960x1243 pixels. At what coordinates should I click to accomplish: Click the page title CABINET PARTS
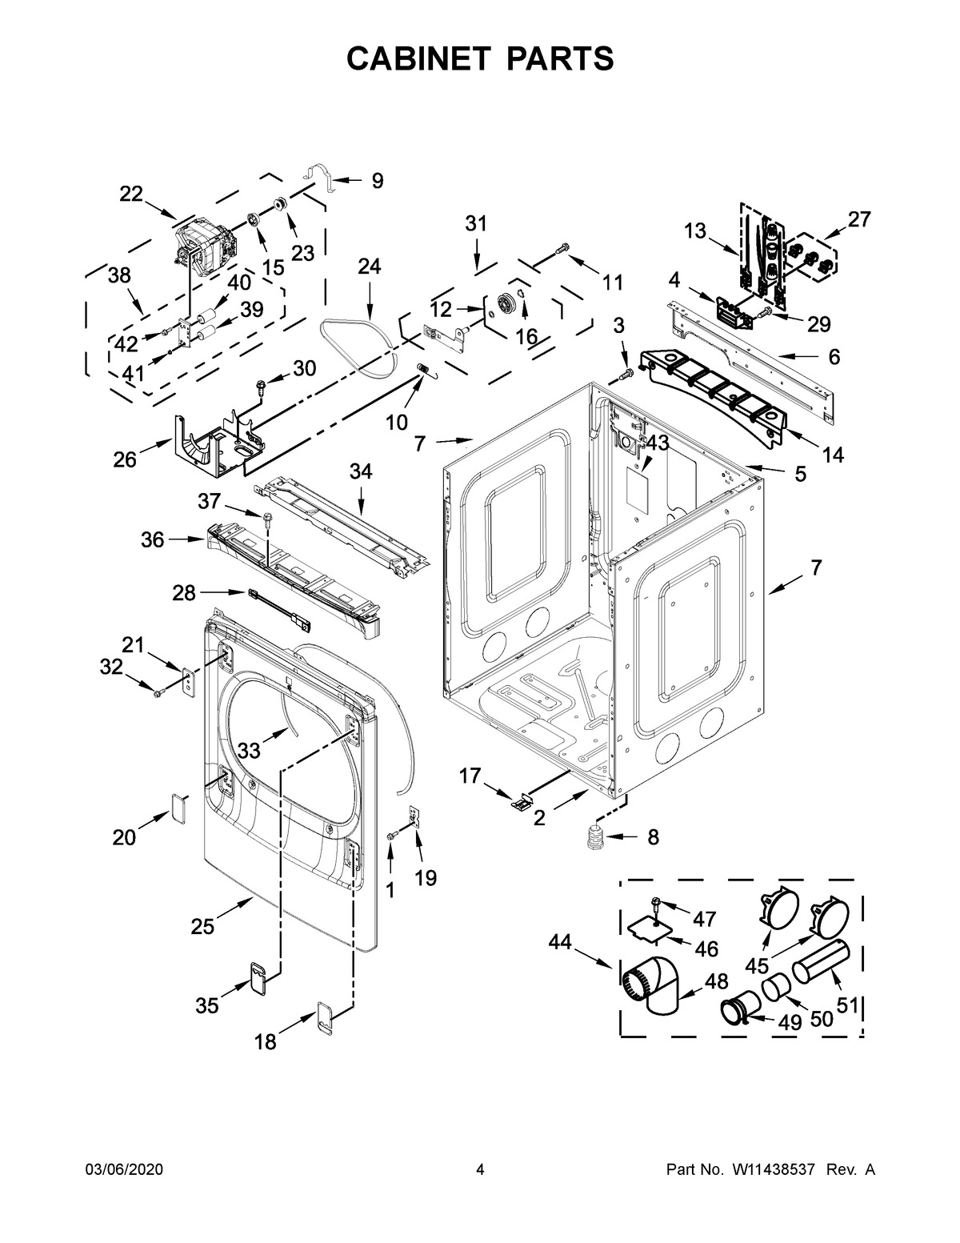480,58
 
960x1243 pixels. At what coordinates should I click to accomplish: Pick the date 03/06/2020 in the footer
124,1170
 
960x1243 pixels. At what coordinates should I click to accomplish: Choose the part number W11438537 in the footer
772,1170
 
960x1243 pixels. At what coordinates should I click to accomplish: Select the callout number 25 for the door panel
202,927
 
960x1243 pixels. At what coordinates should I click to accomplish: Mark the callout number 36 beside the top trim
153,540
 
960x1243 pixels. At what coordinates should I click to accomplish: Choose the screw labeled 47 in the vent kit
657,904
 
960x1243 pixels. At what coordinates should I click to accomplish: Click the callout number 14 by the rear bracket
832,455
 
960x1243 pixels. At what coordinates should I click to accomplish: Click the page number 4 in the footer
480,1170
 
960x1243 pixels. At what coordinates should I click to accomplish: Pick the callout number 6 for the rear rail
834,358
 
